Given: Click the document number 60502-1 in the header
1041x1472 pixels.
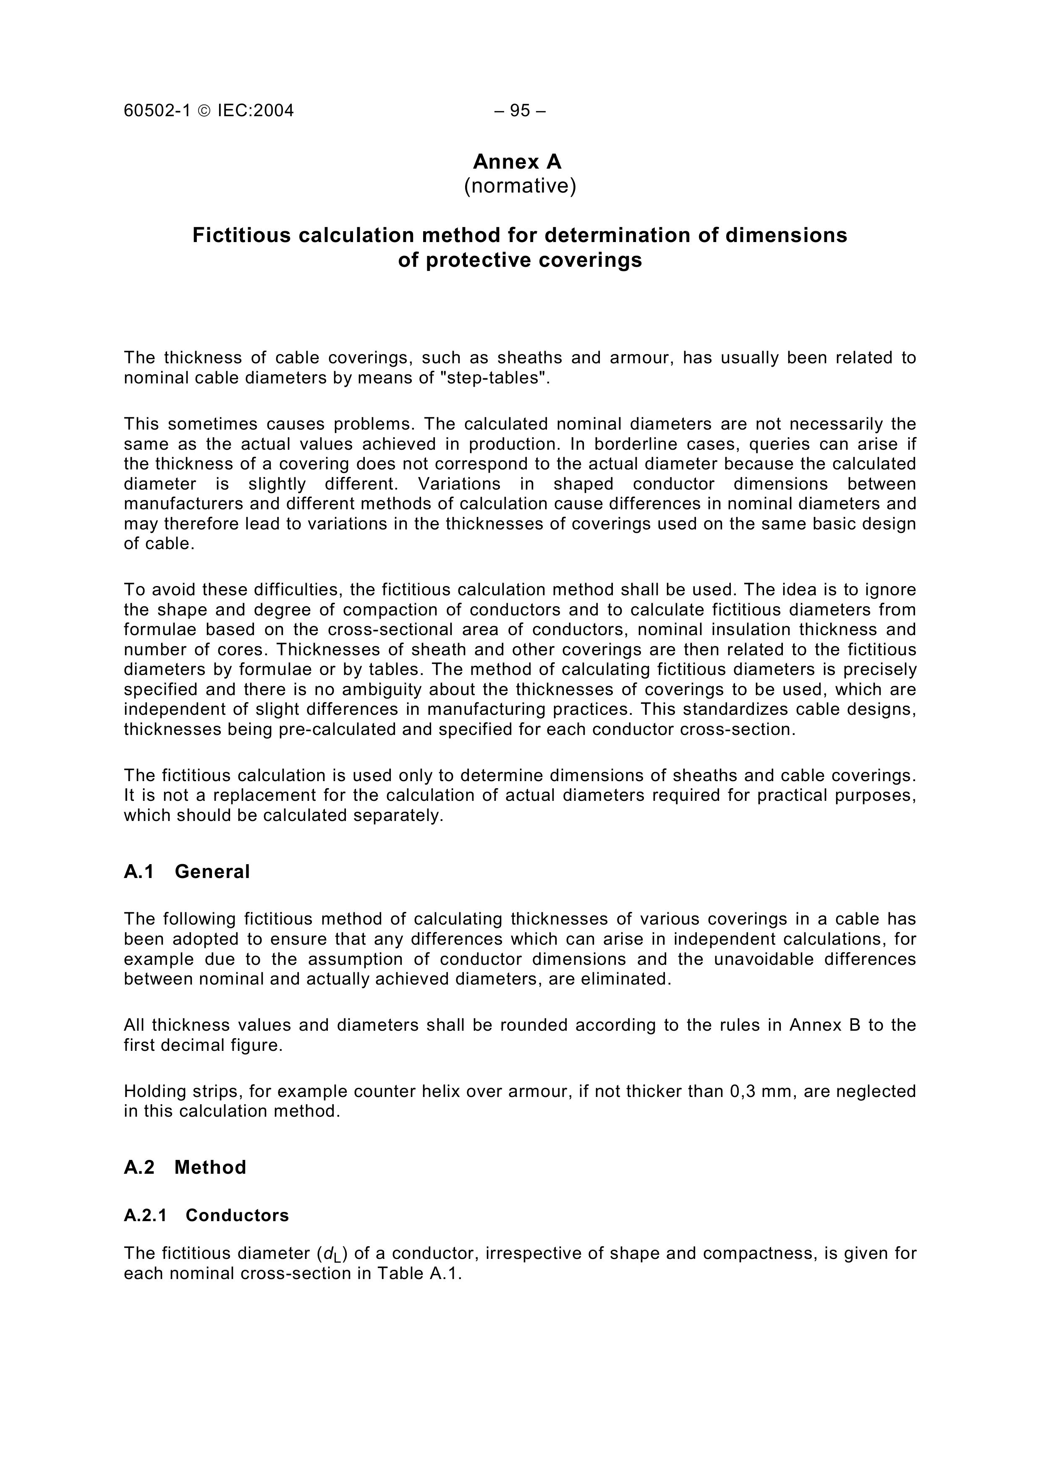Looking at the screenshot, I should click(157, 111).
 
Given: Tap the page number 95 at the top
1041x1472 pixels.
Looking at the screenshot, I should click(520, 111).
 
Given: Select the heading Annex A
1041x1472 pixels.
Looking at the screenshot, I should click(517, 162).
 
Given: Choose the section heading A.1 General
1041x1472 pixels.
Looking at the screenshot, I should click(187, 872).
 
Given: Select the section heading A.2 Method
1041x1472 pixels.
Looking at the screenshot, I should click(185, 1167).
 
